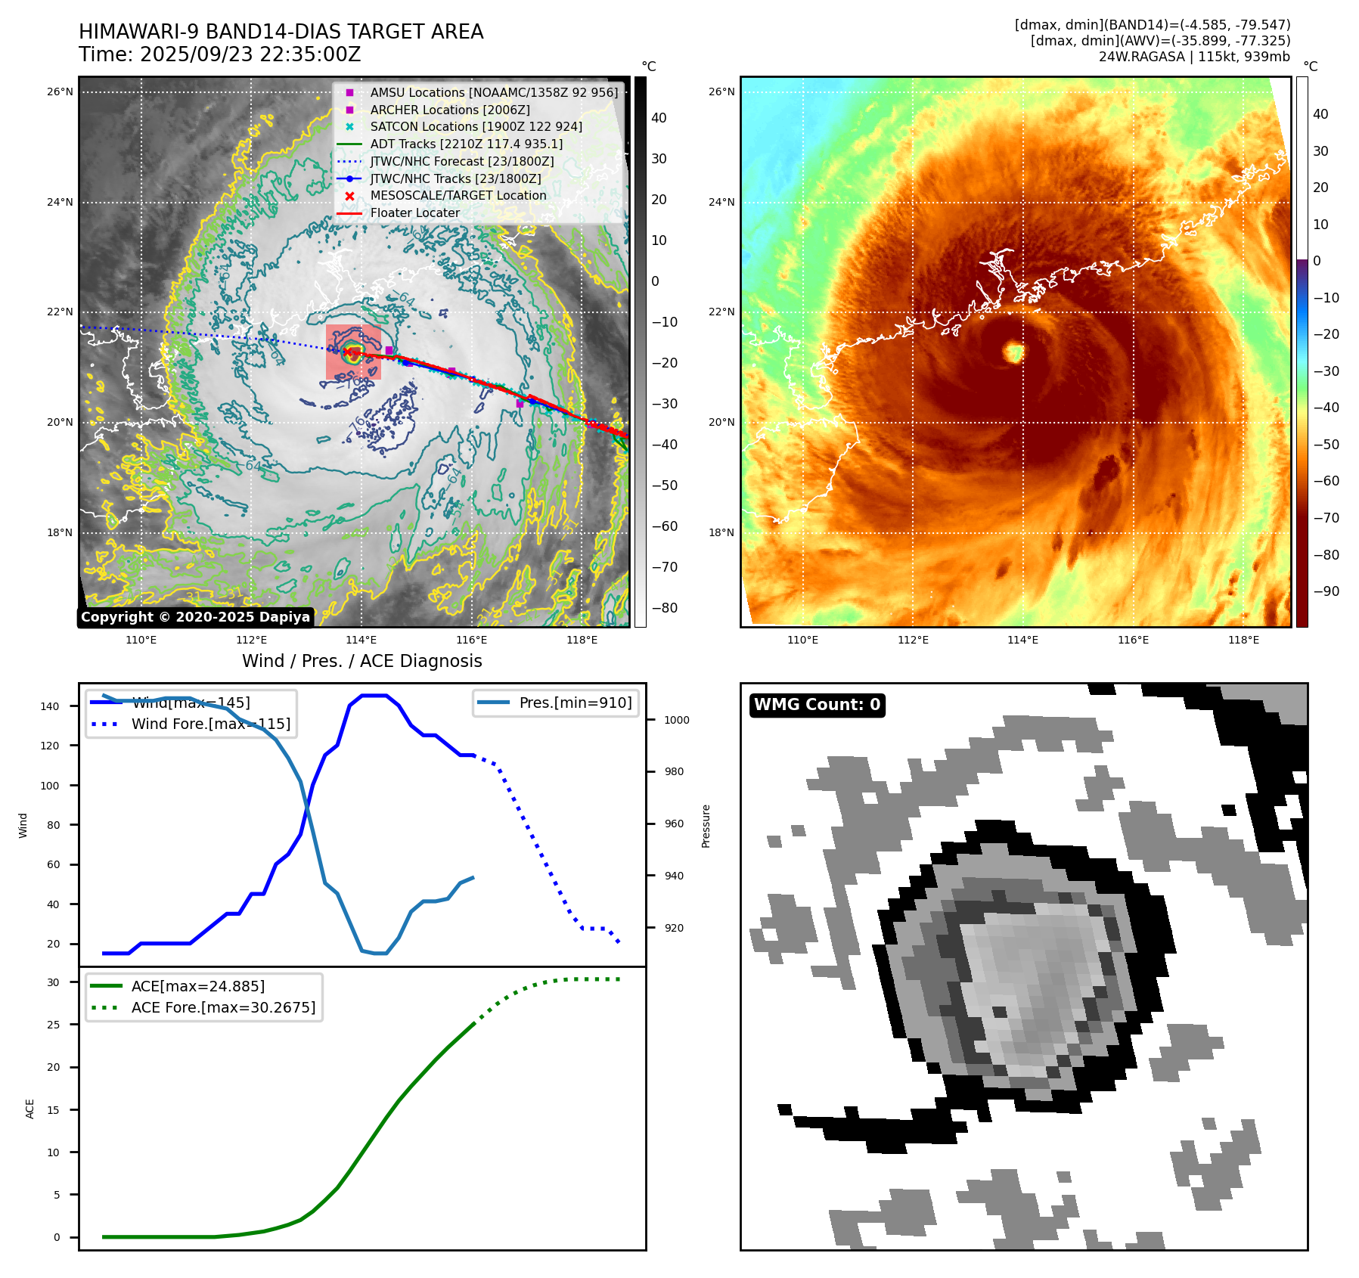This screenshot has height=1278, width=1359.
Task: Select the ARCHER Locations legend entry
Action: point(449,110)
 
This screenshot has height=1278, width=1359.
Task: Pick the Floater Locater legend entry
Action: point(414,213)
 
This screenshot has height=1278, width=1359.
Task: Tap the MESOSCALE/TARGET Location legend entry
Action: point(458,196)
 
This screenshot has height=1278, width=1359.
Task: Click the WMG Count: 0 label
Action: point(817,705)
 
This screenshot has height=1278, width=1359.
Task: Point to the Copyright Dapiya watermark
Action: point(195,617)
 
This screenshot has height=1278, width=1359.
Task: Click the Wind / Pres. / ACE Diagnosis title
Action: point(361,661)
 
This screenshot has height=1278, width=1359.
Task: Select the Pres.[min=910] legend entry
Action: point(575,703)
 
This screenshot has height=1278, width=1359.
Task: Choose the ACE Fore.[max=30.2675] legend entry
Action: point(222,1007)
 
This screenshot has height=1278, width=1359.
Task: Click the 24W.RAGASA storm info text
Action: point(1194,57)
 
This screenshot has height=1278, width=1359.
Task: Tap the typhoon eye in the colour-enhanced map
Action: point(1013,352)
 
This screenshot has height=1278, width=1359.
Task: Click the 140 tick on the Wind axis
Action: point(50,706)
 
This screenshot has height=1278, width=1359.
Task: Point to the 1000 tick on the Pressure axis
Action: point(676,720)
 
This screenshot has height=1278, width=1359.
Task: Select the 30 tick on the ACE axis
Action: point(53,982)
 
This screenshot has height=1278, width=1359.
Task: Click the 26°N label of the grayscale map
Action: point(61,92)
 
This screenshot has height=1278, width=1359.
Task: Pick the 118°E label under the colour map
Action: point(1243,640)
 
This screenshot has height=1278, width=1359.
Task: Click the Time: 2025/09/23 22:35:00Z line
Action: point(219,55)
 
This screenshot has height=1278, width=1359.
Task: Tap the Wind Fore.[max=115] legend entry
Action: point(210,724)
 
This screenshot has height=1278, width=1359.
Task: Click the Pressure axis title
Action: point(706,826)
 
